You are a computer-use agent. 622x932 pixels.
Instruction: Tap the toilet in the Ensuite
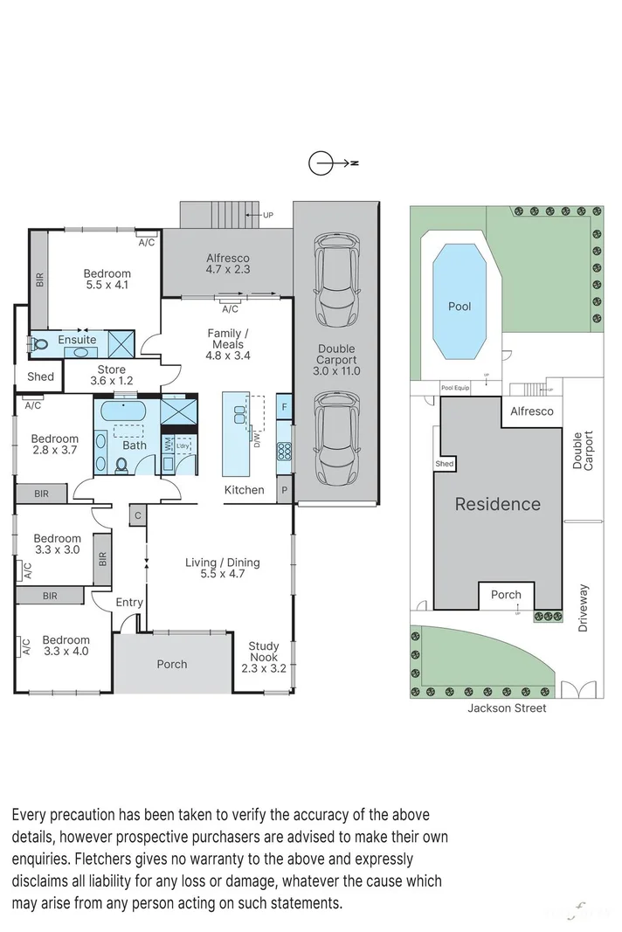(38, 342)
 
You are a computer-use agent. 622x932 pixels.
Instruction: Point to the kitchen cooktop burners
(284, 451)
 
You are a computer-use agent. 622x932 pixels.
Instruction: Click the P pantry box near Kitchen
(284, 490)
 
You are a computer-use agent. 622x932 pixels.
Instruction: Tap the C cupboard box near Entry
(137, 515)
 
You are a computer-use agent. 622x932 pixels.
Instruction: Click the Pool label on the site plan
(460, 307)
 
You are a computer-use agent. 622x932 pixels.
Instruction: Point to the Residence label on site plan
(497, 504)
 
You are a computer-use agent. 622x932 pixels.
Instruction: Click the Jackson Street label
(506, 708)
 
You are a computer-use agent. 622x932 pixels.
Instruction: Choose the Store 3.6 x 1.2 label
(112, 376)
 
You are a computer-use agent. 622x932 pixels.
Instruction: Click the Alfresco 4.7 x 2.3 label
(228, 265)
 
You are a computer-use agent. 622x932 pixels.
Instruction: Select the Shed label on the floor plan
(40, 377)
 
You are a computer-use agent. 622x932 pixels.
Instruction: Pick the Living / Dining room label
(223, 569)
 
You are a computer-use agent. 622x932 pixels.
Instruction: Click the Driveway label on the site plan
(584, 609)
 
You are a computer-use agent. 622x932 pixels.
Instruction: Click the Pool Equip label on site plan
(455, 387)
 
